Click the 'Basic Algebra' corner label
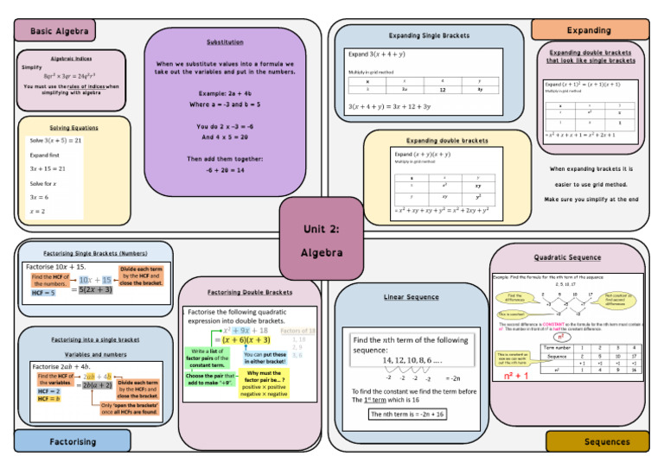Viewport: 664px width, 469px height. point(60,31)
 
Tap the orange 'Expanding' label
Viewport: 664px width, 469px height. point(588,30)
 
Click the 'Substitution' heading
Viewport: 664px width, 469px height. point(225,42)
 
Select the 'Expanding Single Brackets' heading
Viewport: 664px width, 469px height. point(430,35)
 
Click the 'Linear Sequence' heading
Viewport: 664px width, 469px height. point(411,297)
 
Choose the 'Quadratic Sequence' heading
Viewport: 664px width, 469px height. point(567,257)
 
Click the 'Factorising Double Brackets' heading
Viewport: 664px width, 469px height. point(250,292)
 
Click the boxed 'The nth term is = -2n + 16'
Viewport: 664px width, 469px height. point(407,415)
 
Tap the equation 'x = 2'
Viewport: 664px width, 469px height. point(37,211)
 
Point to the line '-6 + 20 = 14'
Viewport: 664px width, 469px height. point(225,171)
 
